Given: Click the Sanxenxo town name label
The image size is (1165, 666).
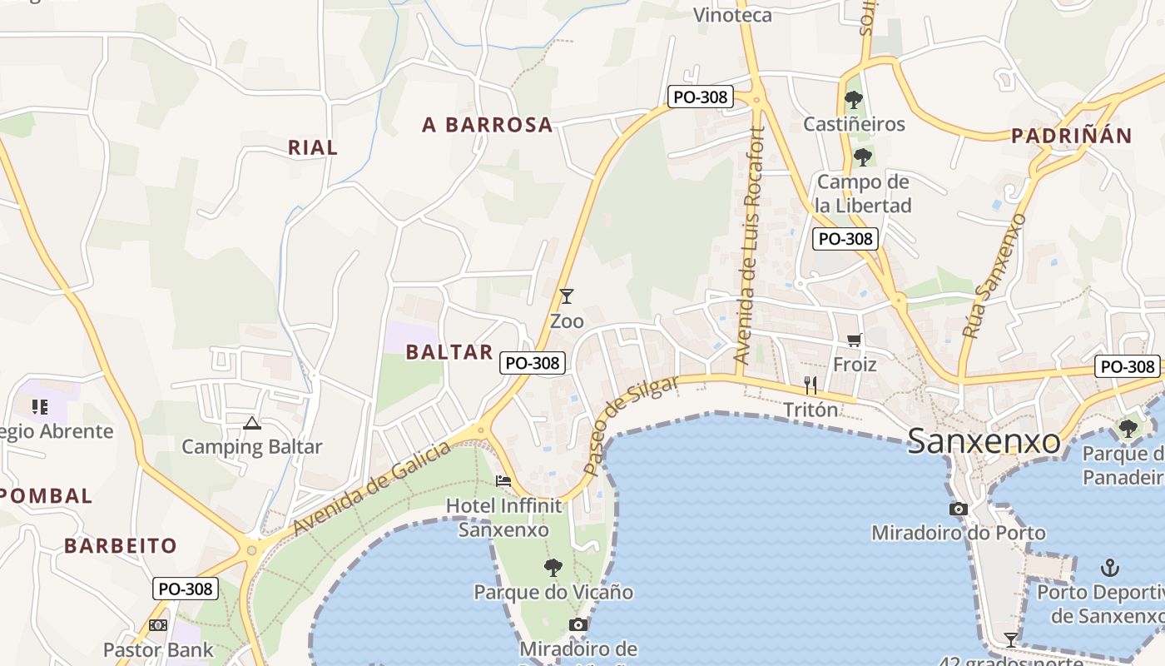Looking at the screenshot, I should (x=984, y=441).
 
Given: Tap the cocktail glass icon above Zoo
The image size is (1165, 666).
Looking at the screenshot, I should (x=567, y=296).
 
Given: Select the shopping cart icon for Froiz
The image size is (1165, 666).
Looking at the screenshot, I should (x=854, y=340).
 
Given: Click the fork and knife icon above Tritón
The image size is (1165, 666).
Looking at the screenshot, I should (x=811, y=385).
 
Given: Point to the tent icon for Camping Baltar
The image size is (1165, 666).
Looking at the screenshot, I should (x=252, y=423).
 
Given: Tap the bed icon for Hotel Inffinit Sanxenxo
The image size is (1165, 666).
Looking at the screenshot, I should (x=503, y=481).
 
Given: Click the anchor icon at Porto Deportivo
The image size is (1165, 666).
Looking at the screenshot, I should (x=1109, y=568).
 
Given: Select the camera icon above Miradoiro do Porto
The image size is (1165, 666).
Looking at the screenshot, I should (x=958, y=509).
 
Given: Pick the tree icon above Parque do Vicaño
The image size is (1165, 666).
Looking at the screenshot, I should (x=553, y=568).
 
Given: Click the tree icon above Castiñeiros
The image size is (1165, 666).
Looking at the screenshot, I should (x=853, y=100).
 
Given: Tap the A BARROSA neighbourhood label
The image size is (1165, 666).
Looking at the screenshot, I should (x=487, y=125).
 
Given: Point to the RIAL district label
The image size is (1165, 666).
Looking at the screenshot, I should (x=313, y=147).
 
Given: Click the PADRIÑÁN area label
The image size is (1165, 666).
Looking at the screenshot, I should (x=1072, y=137).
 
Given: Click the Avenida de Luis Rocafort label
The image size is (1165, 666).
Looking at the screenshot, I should (x=748, y=246).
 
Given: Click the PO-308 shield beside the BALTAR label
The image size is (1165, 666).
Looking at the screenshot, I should (x=533, y=363).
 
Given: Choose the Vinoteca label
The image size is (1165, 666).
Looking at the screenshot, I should (x=732, y=15).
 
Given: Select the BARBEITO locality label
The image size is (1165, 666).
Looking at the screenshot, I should (x=121, y=546).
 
